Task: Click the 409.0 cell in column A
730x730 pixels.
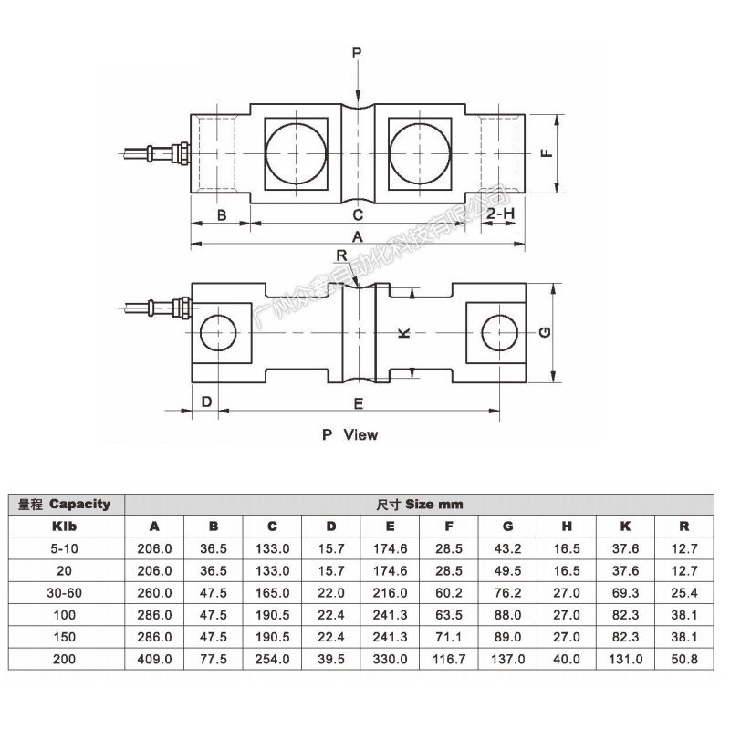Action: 154,659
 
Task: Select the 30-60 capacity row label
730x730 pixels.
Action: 65,592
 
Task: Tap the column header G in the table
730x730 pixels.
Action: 507,527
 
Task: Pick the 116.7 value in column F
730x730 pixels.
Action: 449,659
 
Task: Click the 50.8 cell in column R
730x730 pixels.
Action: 684,659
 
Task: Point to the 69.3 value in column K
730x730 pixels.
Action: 625,592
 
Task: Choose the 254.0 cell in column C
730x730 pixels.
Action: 272,659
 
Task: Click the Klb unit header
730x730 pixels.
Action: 65,527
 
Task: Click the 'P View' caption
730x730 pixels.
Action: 349,435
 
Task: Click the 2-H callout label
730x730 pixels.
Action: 501,214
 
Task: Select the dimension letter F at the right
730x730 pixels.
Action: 545,153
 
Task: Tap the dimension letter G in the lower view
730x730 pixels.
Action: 543,333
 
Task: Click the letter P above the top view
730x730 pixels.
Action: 357,54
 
